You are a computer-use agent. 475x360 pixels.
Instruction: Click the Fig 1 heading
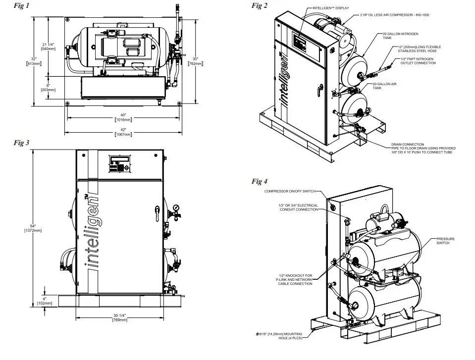pos(22,6)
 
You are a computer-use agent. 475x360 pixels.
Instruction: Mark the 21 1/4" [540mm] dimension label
pos(48,46)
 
